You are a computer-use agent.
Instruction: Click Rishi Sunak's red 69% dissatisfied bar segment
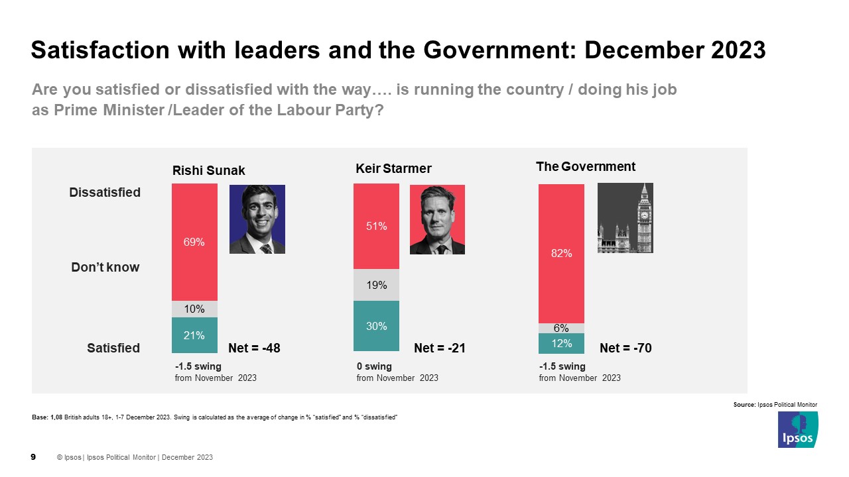(194, 242)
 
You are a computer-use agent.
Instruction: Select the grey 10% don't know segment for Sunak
(194, 309)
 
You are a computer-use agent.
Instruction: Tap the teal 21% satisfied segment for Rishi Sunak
(194, 335)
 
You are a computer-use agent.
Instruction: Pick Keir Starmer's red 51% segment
(376, 226)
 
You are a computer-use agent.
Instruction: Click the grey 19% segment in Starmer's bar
(376, 285)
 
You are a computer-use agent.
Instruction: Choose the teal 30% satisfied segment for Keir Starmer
(376, 325)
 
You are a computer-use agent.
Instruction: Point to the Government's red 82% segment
(561, 253)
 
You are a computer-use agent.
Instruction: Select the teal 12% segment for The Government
(561, 343)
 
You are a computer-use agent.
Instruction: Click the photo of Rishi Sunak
(257, 219)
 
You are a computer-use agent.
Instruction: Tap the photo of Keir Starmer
(437, 219)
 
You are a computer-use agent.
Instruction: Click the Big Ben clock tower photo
(625, 218)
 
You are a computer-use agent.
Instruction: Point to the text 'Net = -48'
(254, 348)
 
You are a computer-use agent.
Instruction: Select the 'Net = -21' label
(439, 348)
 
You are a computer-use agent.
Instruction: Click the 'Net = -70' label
(625, 348)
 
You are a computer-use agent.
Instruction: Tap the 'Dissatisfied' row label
(105, 193)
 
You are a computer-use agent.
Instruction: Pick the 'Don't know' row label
(105, 268)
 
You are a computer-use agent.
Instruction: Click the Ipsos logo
(797, 429)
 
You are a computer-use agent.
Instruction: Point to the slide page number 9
(34, 457)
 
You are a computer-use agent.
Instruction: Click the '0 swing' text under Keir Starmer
(374, 366)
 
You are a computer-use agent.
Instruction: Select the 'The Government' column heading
(585, 167)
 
